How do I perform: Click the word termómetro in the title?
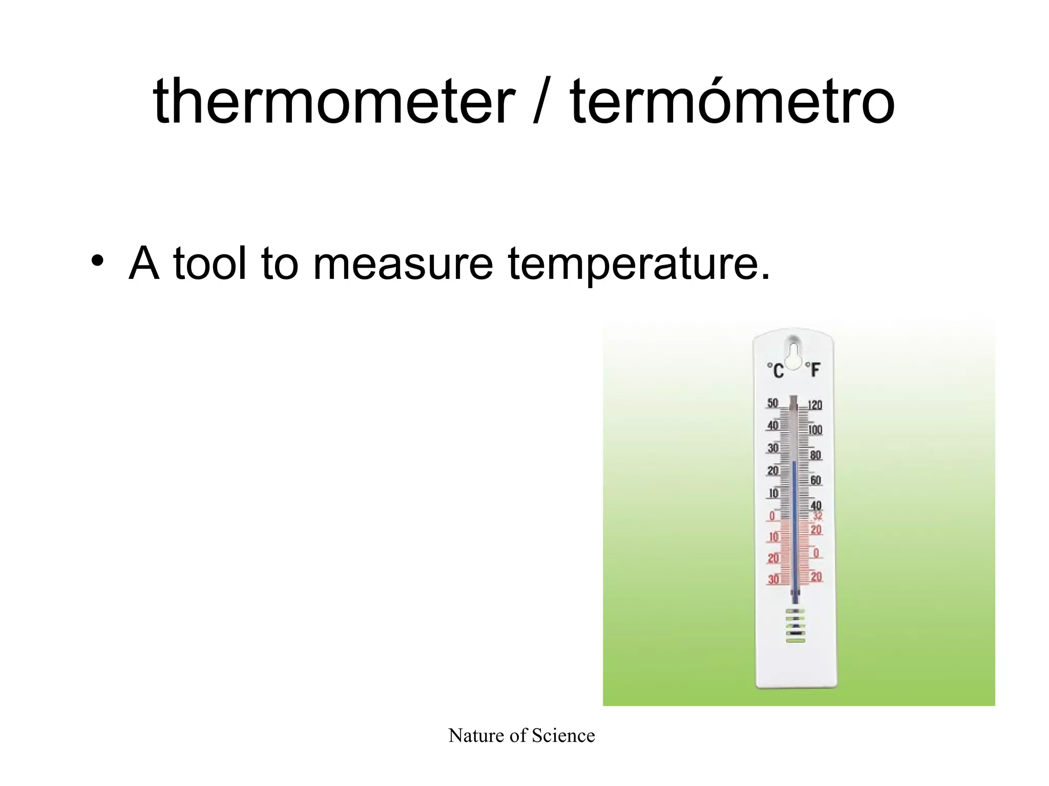(x=732, y=101)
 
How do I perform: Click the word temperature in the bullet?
(x=638, y=264)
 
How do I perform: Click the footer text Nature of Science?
(x=521, y=736)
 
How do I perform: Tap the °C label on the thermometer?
(x=775, y=370)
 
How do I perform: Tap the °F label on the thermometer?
(x=812, y=369)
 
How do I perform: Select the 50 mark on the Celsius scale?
(x=772, y=403)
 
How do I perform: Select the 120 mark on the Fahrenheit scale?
(x=815, y=405)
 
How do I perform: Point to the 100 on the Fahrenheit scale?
(x=815, y=430)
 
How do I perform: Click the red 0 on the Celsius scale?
(x=772, y=516)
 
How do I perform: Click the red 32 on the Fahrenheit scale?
(x=818, y=516)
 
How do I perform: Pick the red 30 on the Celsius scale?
(x=773, y=579)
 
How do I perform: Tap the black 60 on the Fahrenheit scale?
(x=815, y=480)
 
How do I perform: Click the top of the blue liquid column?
(x=794, y=463)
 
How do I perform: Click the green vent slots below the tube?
(x=795, y=625)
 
